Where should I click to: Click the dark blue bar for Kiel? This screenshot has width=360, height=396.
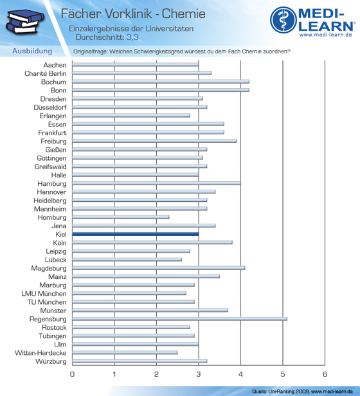tap(136, 234)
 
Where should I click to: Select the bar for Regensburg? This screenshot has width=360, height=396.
tap(179, 319)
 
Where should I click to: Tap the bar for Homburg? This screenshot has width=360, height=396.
tap(121, 217)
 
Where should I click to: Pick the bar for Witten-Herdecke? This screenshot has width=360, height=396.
tap(125, 352)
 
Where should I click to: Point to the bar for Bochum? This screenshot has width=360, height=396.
tap(161, 82)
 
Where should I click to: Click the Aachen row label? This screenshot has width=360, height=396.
tap(55, 65)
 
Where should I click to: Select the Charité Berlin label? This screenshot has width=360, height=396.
tap(46, 73)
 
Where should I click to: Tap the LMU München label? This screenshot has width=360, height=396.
tap(44, 294)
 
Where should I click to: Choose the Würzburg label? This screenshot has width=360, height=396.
tap(51, 361)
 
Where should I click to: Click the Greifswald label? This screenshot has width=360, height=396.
tap(51, 166)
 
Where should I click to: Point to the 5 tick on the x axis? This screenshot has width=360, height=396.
tap(283, 374)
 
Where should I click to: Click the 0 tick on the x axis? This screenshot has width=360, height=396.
tap(72, 374)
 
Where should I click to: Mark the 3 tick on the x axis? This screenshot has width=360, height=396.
tap(199, 374)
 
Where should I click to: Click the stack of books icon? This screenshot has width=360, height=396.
tap(25, 22)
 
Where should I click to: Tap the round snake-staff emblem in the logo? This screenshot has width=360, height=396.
tap(283, 20)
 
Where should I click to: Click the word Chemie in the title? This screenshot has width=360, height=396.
tap(184, 14)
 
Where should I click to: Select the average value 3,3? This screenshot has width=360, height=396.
tap(132, 37)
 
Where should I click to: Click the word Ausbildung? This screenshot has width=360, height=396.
tap(32, 51)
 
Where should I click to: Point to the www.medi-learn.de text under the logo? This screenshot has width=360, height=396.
tap(326, 35)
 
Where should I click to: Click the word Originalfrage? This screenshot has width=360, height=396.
tap(90, 51)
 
